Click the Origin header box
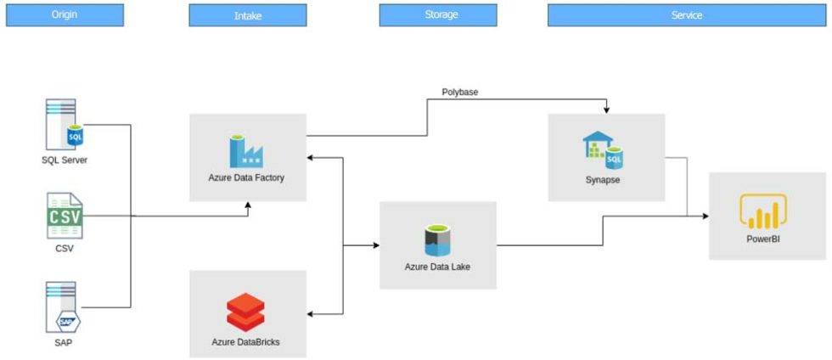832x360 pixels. pyautogui.click(x=65, y=14)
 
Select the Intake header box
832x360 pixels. pyautogui.click(x=247, y=14)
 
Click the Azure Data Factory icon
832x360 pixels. pyautogui.click(x=245, y=149)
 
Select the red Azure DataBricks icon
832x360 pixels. pyautogui.click(x=245, y=311)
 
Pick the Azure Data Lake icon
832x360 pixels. pyautogui.click(x=437, y=239)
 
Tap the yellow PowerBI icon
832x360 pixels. pyautogui.click(x=763, y=212)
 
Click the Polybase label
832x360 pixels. pyautogui.click(x=461, y=92)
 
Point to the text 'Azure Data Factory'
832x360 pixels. pyautogui.click(x=246, y=178)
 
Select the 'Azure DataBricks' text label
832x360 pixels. pyautogui.click(x=245, y=341)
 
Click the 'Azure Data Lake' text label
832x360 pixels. pyautogui.click(x=437, y=267)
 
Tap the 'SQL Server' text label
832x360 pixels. pyautogui.click(x=65, y=160)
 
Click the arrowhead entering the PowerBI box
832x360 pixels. pyautogui.click(x=705, y=217)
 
